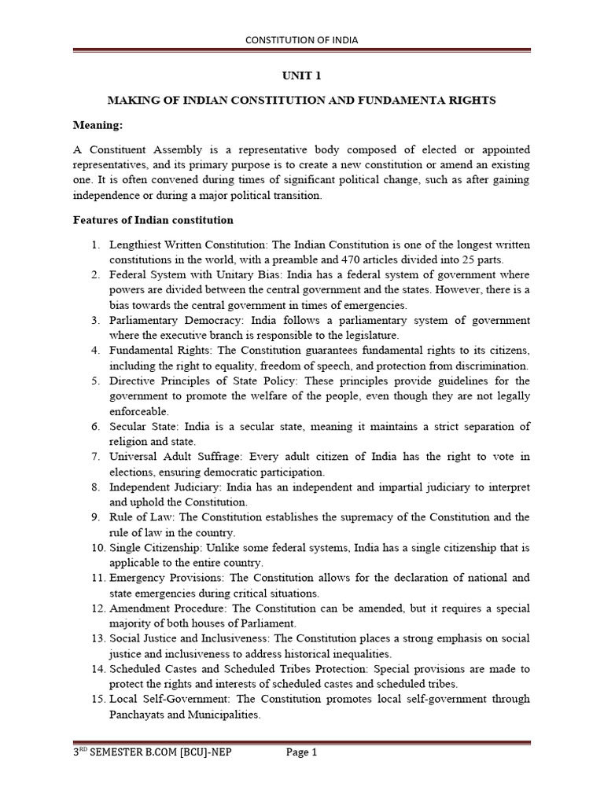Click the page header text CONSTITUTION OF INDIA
(302, 40)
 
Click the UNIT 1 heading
(302, 76)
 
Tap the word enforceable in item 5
(138, 411)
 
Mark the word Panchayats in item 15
(138, 715)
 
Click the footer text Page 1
(301, 752)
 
